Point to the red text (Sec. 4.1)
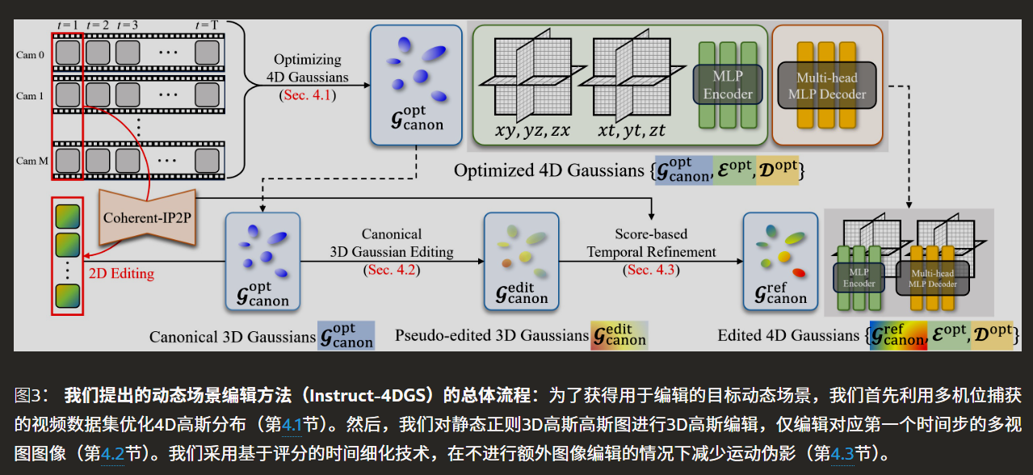[308, 95]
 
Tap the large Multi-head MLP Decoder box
[827, 86]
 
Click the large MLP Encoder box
[728, 84]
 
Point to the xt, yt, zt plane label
[632, 131]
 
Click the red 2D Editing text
[121, 273]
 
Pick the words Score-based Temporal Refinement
[651, 242]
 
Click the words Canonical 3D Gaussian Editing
[392, 242]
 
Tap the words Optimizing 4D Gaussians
[308, 69]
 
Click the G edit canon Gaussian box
[521, 261]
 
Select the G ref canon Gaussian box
[780, 261]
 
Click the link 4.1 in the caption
[290, 423]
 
